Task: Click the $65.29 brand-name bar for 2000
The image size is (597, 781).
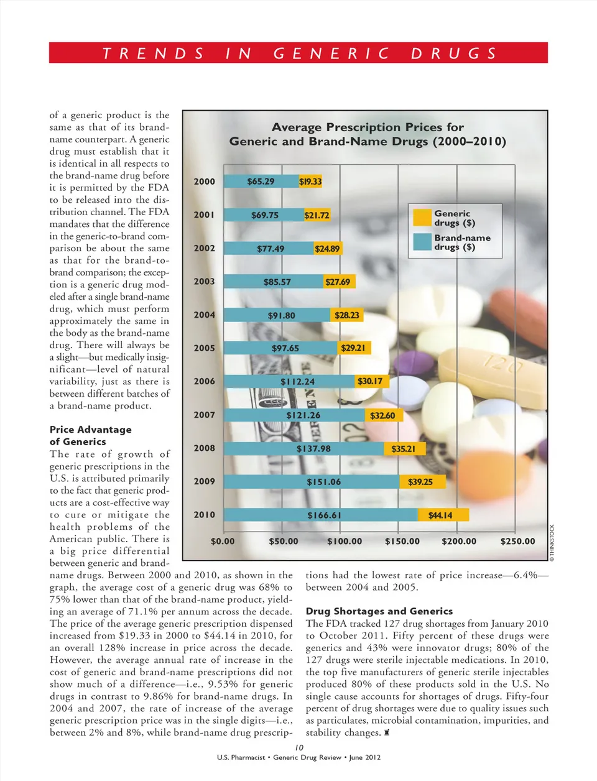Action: click(x=261, y=182)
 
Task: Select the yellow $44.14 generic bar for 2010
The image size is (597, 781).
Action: click(x=443, y=515)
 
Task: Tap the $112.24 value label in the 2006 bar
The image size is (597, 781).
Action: click(x=297, y=382)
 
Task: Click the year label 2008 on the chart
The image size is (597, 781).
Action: click(x=204, y=448)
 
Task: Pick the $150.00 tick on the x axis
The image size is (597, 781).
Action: click(x=402, y=542)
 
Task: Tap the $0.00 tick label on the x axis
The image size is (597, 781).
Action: click(x=223, y=542)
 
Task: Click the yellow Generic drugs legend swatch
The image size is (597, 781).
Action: click(x=422, y=218)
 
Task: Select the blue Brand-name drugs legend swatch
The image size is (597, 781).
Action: click(x=422, y=242)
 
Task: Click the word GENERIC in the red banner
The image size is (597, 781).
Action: click(x=331, y=53)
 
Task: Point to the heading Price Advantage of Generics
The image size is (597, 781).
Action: click(x=90, y=435)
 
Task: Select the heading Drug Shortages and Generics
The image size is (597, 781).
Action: click(x=379, y=611)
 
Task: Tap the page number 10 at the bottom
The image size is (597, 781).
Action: click(x=299, y=747)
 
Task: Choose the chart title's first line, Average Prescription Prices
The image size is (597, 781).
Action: click(x=368, y=127)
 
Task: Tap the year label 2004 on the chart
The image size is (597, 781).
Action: click(x=204, y=315)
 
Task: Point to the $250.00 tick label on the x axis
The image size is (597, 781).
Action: click(x=517, y=542)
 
